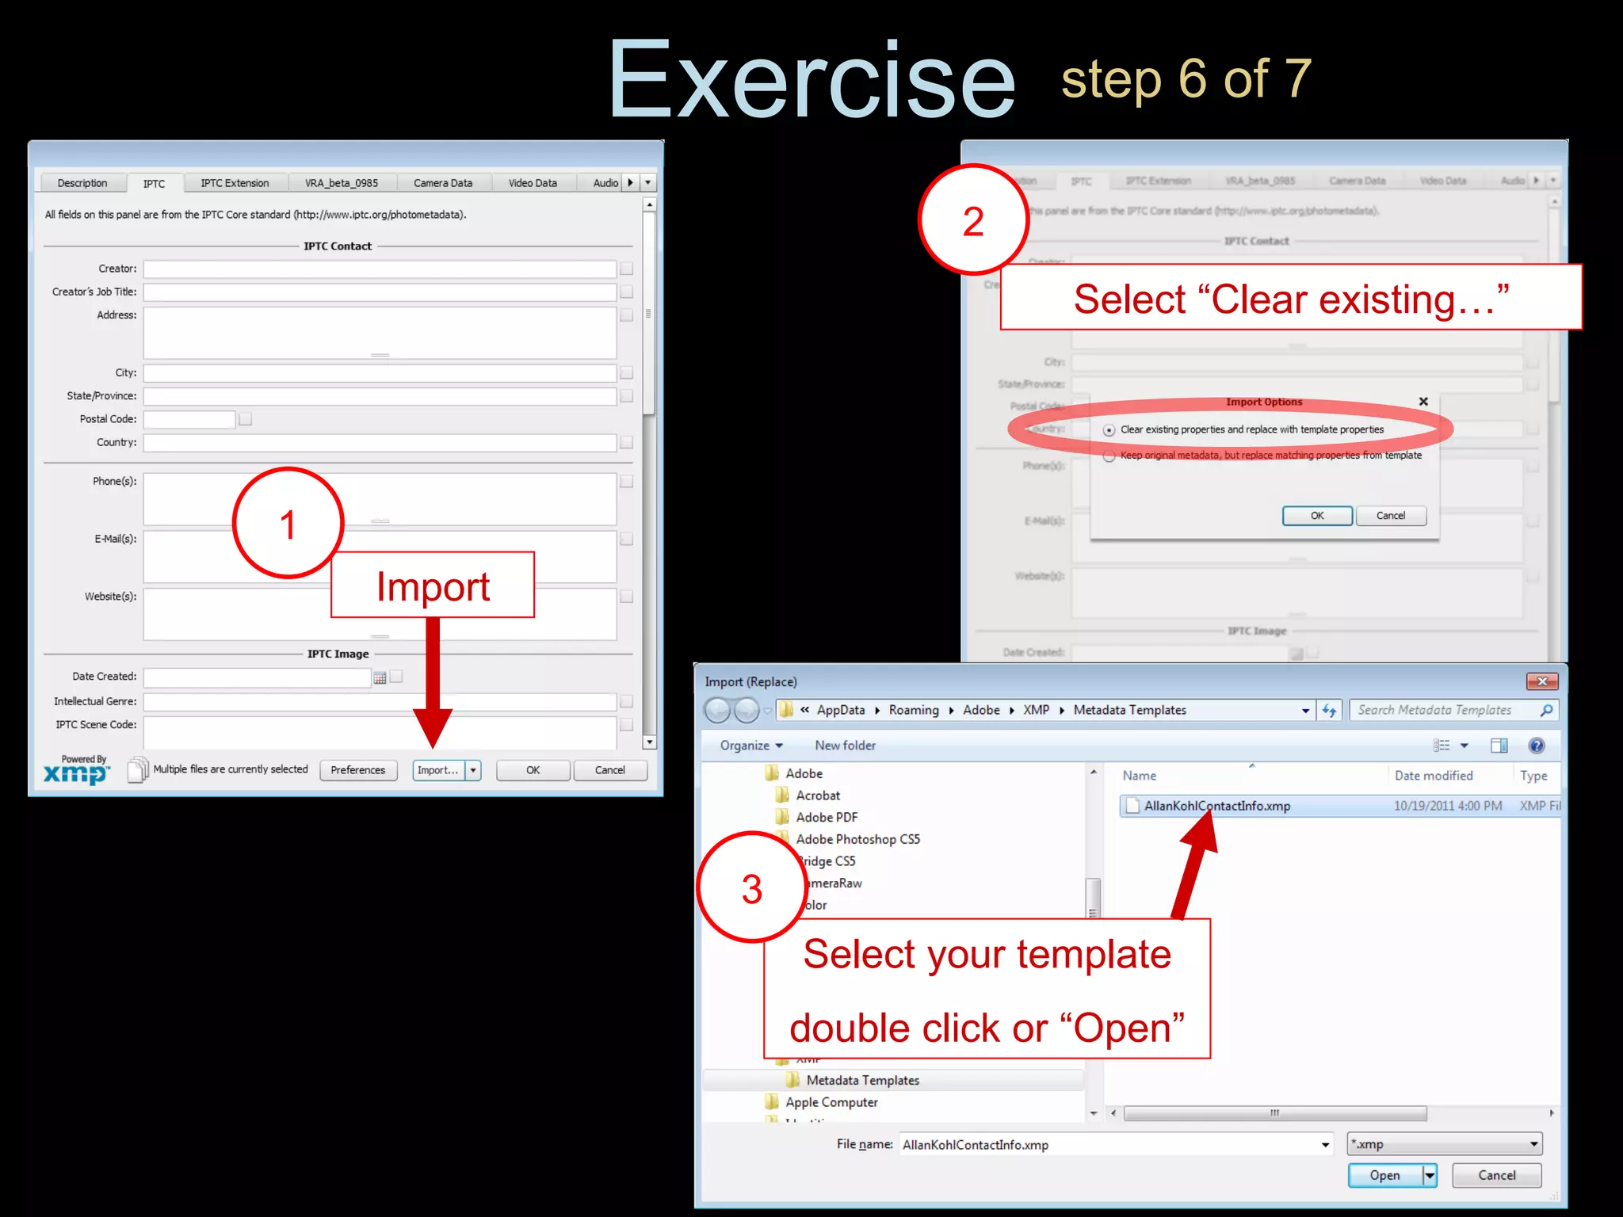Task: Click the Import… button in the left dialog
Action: pos(437,770)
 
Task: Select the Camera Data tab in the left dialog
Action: pos(442,183)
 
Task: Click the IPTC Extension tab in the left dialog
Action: pos(235,183)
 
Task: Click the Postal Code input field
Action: pos(189,419)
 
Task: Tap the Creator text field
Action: pos(379,269)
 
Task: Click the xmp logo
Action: pos(76,773)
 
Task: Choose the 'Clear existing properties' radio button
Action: pos(1109,430)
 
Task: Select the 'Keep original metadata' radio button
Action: pos(1109,456)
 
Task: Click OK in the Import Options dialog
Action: pos(1316,516)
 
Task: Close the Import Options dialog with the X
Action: pos(1423,402)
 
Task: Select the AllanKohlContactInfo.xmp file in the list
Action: pos(1216,806)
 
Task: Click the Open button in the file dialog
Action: pos(1384,1175)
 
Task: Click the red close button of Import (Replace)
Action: pos(1541,681)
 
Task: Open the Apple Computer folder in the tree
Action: pos(831,1102)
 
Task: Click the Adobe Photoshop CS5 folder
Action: pos(857,839)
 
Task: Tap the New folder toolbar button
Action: pos(845,746)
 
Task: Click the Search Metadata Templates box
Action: pos(1442,710)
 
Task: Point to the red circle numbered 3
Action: pos(752,887)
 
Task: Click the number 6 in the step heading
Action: pos(1192,79)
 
